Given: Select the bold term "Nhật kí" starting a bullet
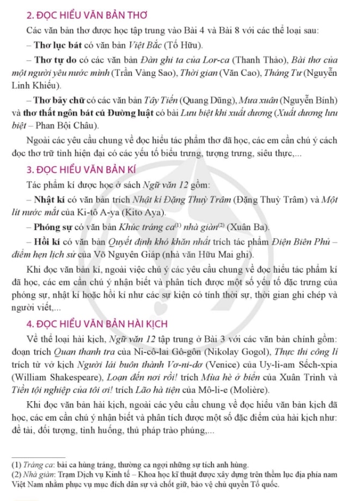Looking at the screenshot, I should [x=49, y=198].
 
